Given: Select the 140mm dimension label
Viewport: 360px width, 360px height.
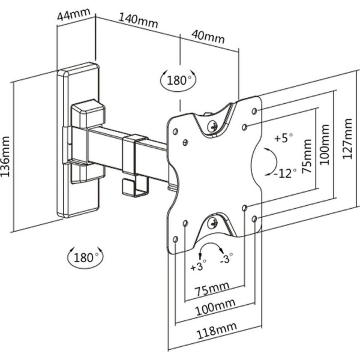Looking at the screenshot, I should pos(138,22).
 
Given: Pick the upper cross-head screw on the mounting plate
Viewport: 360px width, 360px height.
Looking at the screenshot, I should pos(213,126).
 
